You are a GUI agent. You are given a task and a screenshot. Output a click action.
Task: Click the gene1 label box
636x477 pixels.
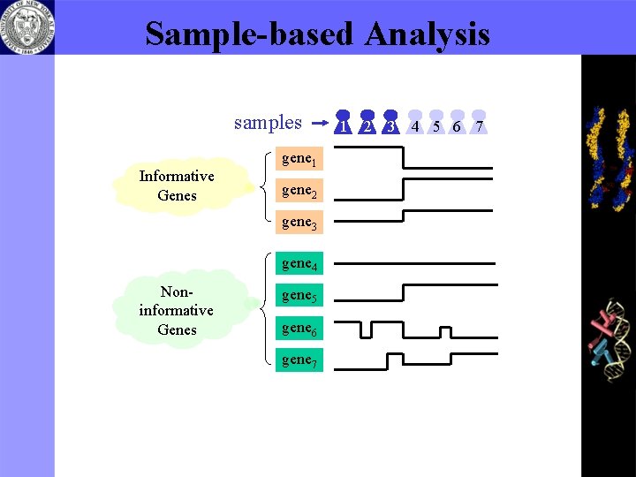tap(299, 159)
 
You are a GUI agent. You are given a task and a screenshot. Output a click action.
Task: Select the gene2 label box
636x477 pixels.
tap(299, 191)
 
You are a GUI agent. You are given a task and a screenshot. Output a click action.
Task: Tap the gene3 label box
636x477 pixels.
tap(299, 223)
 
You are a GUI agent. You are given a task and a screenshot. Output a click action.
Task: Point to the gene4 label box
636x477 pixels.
tap(299, 263)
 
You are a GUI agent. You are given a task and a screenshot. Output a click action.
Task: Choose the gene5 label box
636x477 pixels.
tap(299, 295)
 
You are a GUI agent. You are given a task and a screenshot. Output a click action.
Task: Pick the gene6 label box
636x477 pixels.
tap(299, 328)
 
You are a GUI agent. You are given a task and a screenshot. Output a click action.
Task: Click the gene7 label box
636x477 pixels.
tap(299, 360)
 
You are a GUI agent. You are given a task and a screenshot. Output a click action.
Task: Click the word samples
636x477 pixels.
tap(268, 123)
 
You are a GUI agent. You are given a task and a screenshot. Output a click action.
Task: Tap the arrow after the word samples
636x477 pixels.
tap(321, 125)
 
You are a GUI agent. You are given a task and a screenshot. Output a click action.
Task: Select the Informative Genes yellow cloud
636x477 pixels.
tap(177, 185)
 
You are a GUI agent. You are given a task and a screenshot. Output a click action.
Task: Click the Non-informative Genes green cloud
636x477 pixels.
tap(177, 310)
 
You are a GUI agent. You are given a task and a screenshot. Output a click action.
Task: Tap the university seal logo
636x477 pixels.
tap(26, 26)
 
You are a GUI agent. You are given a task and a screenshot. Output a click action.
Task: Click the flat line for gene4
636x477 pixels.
tap(415, 263)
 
